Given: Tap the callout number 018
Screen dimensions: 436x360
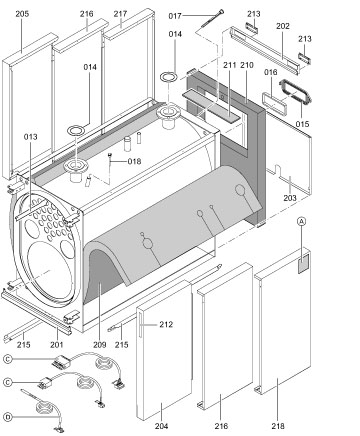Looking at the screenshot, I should tap(135, 161).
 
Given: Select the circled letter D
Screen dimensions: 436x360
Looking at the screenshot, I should tap(8, 415).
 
